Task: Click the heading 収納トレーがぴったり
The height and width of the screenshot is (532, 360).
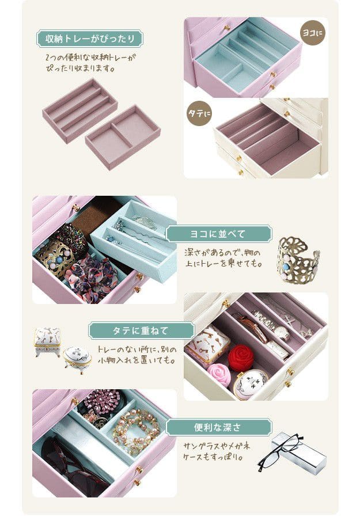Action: [90, 39]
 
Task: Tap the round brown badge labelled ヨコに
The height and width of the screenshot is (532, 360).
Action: [313, 33]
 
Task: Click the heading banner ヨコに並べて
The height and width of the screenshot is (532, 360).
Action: [219, 234]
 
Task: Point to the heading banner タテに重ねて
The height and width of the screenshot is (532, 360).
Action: [142, 330]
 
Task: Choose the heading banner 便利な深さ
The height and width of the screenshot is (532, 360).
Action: [219, 427]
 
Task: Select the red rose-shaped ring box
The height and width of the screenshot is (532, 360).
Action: [241, 358]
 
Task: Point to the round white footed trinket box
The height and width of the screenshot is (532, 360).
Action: [77, 360]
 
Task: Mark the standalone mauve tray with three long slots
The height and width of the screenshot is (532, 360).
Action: [80, 110]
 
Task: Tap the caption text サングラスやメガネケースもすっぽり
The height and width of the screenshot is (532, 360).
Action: [217, 451]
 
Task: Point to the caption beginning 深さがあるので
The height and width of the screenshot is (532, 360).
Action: [223, 258]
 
